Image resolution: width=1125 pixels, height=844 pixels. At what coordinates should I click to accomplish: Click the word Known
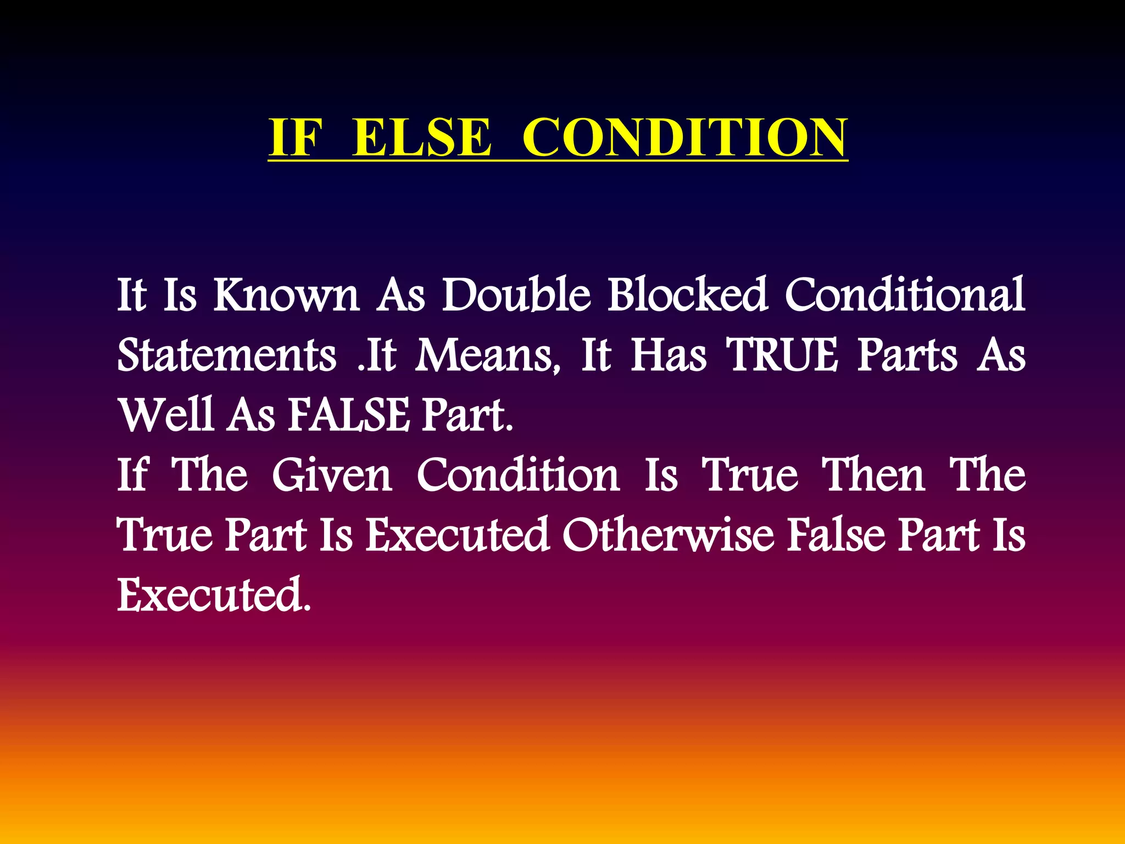(x=286, y=295)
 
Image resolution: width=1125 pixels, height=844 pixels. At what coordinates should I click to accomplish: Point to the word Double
(x=516, y=295)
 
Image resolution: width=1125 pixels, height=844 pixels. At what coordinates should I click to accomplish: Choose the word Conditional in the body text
(x=905, y=295)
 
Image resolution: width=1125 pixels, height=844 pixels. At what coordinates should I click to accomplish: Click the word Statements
(x=227, y=355)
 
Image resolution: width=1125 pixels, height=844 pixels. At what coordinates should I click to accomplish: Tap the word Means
(x=488, y=356)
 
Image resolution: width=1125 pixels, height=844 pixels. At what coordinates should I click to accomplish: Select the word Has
(x=669, y=355)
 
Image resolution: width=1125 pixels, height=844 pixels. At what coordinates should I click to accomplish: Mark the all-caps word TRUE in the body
(x=783, y=355)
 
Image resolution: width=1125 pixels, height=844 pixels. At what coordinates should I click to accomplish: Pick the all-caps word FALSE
(x=349, y=414)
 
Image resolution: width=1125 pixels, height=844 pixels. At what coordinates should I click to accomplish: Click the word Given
(x=332, y=475)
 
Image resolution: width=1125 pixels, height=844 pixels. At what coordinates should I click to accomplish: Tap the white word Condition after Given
(x=518, y=475)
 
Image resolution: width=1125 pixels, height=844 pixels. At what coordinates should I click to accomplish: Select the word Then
(x=873, y=475)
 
